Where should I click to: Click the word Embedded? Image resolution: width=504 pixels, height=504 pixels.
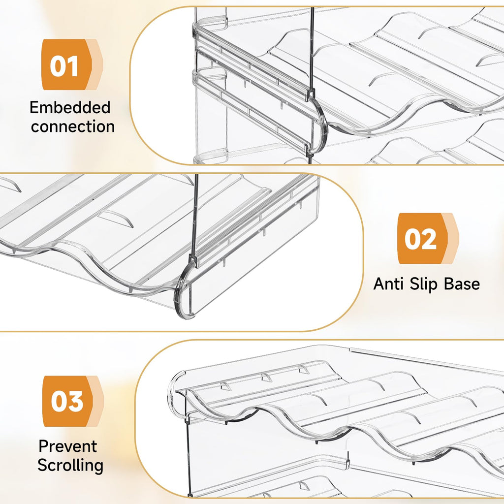pyautogui.click(x=70, y=107)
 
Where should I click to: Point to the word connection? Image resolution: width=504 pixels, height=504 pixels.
pyautogui.click(x=73, y=126)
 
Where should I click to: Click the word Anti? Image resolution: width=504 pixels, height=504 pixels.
pyautogui.click(x=389, y=284)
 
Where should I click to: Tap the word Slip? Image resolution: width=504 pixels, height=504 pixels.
pyautogui.click(x=424, y=284)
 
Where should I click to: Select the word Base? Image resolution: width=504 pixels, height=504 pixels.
pyautogui.click(x=462, y=284)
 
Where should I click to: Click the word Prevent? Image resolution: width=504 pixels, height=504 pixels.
pyautogui.click(x=68, y=446)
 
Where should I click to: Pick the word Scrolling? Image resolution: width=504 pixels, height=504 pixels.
pyautogui.click(x=70, y=466)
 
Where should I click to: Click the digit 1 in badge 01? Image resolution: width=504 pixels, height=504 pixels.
pyautogui.click(x=73, y=66)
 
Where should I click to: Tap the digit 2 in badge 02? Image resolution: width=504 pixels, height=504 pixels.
pyautogui.click(x=429, y=240)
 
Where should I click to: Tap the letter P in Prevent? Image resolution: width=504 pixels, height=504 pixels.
pyautogui.click(x=43, y=446)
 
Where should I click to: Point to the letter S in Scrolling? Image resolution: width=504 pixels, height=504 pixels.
pyautogui.click(x=43, y=465)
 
